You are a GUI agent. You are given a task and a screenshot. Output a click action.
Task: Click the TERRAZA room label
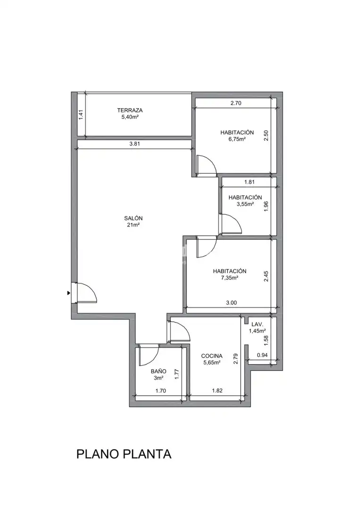[130, 110]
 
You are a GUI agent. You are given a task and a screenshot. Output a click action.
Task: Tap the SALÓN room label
[133, 218]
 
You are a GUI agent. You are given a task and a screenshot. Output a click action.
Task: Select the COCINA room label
[212, 356]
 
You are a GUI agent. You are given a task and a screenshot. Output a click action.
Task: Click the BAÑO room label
[159, 371]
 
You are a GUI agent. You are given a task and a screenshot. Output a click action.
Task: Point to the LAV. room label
[257, 324]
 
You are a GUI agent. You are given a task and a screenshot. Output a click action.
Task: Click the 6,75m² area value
[237, 139]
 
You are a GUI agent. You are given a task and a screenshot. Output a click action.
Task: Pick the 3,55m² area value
[245, 204]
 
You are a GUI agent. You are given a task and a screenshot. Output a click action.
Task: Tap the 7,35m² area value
[230, 278]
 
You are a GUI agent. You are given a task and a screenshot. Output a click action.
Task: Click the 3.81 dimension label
[134, 144]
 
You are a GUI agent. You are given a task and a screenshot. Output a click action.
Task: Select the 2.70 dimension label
[236, 103]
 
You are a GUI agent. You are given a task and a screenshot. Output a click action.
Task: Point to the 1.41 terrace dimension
[81, 114]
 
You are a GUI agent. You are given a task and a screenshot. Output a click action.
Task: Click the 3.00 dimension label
[231, 303]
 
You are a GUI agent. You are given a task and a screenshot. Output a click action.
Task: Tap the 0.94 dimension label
[262, 355]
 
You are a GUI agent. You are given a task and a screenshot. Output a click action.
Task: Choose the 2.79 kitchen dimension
[236, 359]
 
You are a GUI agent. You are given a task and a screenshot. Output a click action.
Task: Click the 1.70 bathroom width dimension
[160, 391]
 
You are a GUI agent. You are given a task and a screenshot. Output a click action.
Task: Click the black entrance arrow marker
[68, 293]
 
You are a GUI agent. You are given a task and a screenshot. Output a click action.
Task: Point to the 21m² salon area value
[134, 225]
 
